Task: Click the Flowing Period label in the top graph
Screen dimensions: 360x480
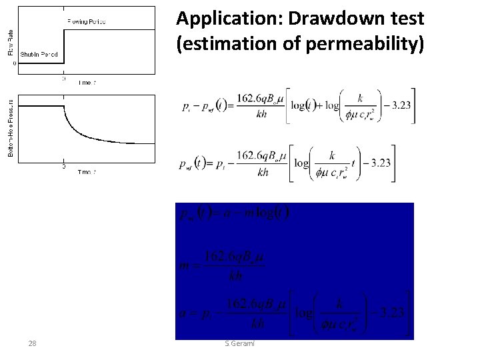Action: tap(86, 22)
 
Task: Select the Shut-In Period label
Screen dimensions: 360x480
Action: tap(39, 53)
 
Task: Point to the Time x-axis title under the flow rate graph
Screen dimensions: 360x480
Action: tap(87, 83)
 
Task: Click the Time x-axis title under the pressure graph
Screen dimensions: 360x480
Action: tap(87, 172)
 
